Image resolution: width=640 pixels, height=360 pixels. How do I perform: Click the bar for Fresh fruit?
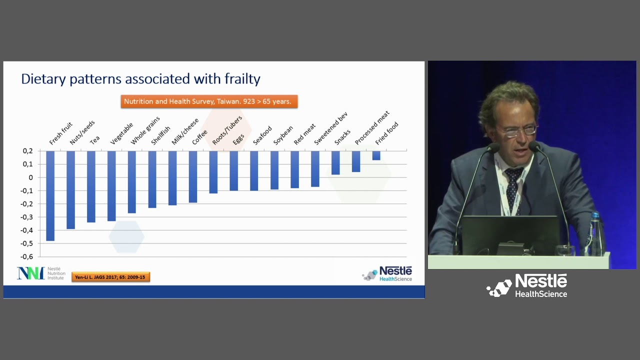click(50, 195)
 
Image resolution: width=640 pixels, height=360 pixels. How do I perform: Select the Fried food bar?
click(376, 155)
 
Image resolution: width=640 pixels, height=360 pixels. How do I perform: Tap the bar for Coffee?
click(192, 176)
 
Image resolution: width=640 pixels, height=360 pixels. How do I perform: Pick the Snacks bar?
click(335, 162)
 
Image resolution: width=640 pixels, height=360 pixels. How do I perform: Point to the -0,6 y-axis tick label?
click(27, 257)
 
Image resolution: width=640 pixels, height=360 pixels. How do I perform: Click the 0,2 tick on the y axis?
click(28, 151)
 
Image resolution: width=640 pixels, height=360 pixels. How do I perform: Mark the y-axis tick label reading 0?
click(31, 177)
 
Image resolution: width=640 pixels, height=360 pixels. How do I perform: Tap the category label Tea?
click(94, 140)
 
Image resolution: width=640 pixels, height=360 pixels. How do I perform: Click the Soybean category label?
click(283, 135)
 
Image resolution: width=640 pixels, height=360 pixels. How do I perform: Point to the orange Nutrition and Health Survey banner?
click(209, 101)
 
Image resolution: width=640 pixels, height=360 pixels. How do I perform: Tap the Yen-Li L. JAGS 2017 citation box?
click(110, 277)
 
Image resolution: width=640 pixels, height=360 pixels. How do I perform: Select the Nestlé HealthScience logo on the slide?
click(387, 273)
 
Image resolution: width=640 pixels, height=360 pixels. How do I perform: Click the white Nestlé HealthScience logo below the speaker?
click(527, 286)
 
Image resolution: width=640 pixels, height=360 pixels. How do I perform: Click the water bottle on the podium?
click(594, 234)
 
